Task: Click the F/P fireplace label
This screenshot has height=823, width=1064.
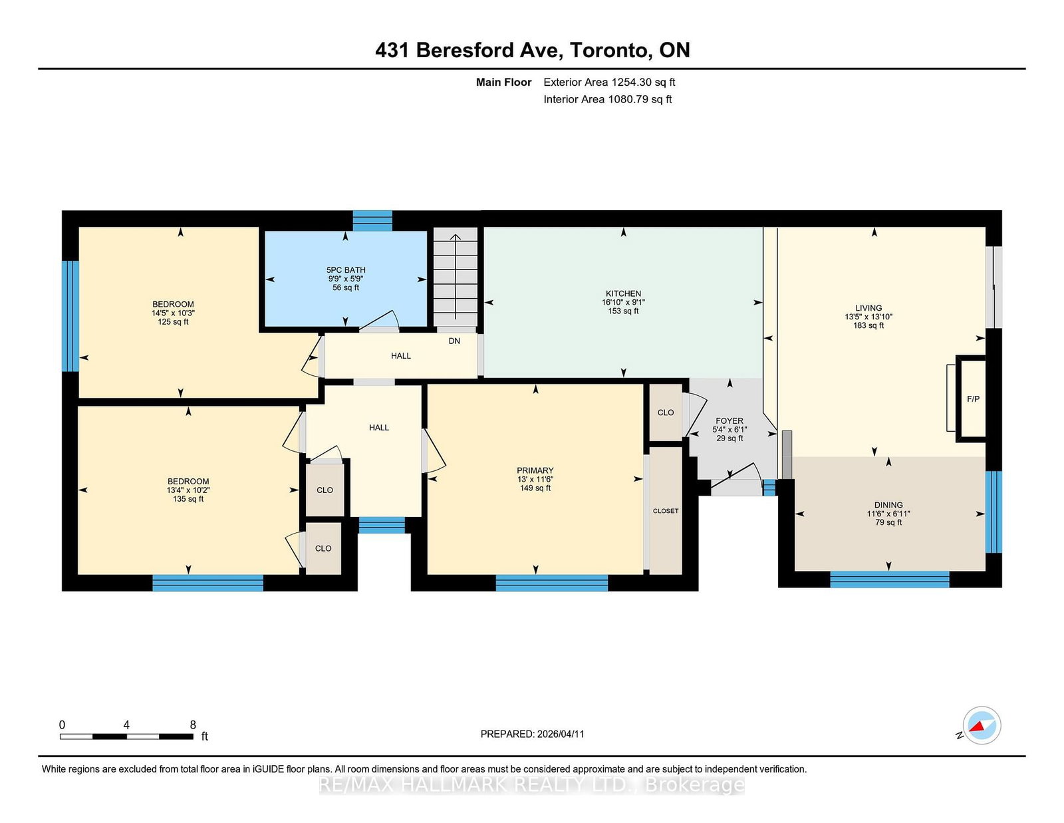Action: coord(973,399)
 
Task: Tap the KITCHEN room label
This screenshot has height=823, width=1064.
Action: coord(623,293)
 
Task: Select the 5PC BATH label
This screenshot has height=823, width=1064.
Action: coord(346,270)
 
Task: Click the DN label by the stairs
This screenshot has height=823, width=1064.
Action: coord(454,341)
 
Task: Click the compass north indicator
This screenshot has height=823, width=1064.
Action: coord(982,725)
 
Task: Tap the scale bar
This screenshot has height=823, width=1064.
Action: coord(126,737)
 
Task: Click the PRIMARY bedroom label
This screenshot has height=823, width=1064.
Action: coord(535,470)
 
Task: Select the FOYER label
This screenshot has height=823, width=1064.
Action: coord(729,420)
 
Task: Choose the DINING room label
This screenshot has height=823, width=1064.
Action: coord(888,505)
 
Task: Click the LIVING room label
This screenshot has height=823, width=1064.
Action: coord(868,308)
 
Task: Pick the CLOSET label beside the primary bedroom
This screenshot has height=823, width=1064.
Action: coord(666,511)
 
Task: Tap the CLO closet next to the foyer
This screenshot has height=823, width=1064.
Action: coord(666,412)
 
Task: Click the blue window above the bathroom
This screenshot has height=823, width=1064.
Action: coord(372,220)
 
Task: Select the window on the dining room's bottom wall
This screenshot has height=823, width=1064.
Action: coord(889,579)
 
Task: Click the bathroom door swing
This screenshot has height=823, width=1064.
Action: coord(380,321)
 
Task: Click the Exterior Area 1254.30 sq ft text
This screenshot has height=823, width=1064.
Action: coord(609,82)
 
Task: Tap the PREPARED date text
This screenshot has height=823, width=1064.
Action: coord(532,734)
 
